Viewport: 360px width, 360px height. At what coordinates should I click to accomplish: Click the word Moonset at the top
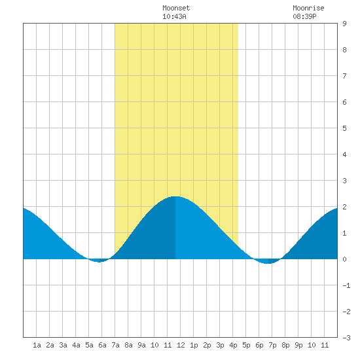click(176, 8)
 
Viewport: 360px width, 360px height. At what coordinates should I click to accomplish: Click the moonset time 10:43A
click(174, 16)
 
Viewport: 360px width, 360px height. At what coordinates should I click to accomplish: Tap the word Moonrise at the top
click(308, 8)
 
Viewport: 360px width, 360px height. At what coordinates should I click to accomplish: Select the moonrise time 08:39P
click(304, 16)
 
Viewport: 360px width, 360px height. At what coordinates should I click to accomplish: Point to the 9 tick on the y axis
click(344, 24)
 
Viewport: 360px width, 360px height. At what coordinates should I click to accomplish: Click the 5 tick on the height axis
click(344, 128)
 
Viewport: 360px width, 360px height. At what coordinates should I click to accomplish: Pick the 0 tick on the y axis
click(344, 259)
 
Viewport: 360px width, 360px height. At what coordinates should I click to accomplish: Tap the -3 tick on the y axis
click(346, 338)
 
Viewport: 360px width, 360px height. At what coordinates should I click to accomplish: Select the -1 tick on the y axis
click(346, 285)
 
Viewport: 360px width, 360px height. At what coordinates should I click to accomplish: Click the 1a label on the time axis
click(37, 345)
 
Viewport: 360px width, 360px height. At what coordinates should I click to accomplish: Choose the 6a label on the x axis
click(102, 345)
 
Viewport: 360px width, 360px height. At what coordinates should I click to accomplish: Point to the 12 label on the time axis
click(181, 345)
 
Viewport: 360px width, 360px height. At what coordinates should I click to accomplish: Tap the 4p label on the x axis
click(233, 345)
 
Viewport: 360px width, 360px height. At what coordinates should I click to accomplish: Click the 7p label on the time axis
click(272, 345)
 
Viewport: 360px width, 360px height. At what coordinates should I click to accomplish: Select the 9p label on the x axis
click(298, 345)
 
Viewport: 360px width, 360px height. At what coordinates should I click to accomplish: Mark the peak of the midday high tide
click(175, 196)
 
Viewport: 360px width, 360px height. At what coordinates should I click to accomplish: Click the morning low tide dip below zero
click(99, 261)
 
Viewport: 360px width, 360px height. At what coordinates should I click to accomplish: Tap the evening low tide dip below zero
click(268, 261)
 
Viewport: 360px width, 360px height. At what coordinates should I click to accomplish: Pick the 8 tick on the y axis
click(344, 50)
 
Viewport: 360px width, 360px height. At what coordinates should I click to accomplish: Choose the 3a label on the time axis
click(63, 345)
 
